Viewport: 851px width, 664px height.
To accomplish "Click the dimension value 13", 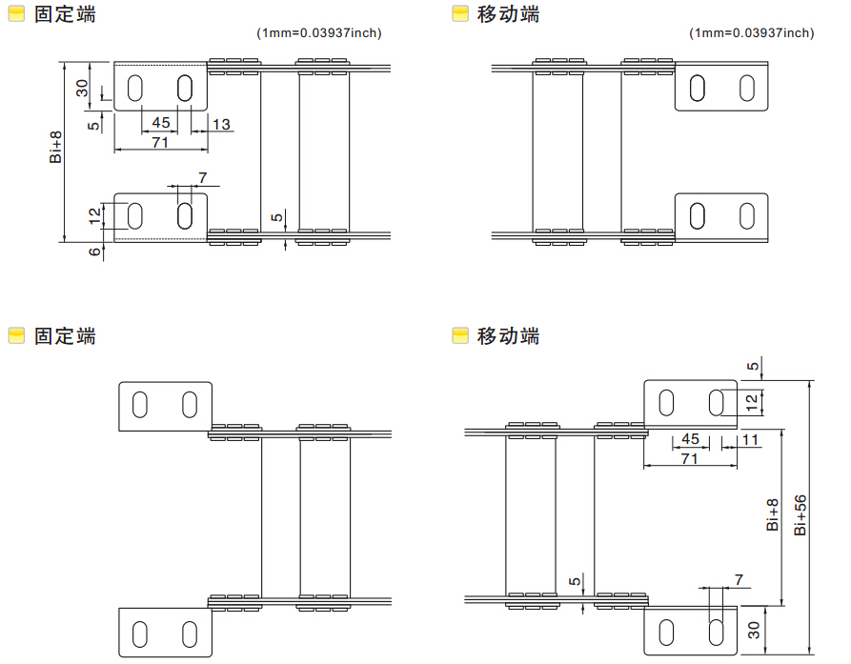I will click(221, 124).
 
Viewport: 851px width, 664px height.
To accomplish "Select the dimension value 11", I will click(750, 439).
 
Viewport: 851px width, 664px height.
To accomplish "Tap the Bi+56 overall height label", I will click(800, 514).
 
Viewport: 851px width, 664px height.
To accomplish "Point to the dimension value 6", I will click(94, 252).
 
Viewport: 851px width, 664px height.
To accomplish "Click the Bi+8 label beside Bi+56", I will click(773, 514).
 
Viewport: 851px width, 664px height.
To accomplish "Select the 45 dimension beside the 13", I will click(161, 123).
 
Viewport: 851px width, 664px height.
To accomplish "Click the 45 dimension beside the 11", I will click(691, 439).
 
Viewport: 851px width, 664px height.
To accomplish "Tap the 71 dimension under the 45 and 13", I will click(160, 141).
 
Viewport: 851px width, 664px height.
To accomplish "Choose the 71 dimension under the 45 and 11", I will click(690, 458).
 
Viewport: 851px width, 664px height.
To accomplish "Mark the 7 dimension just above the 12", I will click(201, 178).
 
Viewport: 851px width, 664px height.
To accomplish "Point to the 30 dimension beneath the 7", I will click(754, 630).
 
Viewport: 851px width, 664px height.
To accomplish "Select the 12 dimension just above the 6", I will click(94, 215).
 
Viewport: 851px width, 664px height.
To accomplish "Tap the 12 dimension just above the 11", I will click(753, 402).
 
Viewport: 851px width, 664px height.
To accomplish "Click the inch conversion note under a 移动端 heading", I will click(752, 33).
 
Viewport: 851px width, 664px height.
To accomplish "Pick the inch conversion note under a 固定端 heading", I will click(319, 33).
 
